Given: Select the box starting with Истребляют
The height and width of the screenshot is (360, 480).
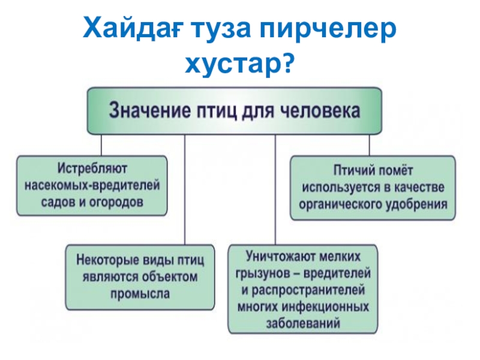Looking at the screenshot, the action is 92,185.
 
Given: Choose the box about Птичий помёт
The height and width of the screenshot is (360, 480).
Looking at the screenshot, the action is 373,187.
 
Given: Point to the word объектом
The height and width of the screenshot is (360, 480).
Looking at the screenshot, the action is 170,277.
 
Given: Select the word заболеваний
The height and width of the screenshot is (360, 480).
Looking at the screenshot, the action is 303,323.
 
